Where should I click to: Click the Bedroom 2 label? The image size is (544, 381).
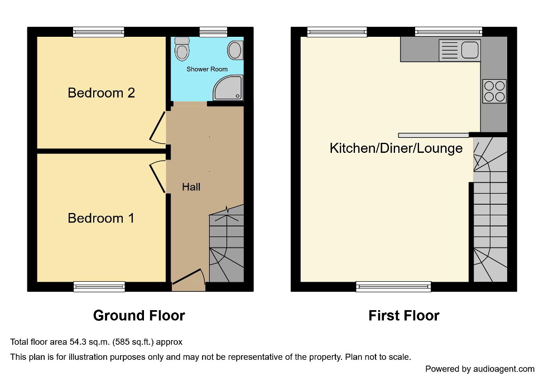click(x=101, y=93)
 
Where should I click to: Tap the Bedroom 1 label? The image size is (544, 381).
click(x=101, y=218)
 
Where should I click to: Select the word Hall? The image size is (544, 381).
click(x=191, y=187)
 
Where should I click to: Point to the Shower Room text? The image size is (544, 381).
click(x=207, y=69)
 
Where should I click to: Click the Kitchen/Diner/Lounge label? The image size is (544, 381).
click(x=396, y=148)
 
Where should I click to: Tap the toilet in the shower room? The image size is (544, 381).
click(x=182, y=50)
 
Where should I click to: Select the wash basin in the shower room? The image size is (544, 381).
click(x=235, y=51)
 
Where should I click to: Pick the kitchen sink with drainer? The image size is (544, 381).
click(x=459, y=50)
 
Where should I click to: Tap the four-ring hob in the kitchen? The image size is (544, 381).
click(x=494, y=91)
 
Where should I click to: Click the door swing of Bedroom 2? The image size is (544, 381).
click(x=158, y=127)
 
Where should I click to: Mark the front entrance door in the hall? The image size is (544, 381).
click(x=188, y=278)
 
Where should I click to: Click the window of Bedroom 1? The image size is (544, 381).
click(x=99, y=287)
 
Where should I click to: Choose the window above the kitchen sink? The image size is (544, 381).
click(x=448, y=32)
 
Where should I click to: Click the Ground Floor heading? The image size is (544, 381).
click(x=139, y=316)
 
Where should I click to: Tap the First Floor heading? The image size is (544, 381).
click(x=404, y=316)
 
